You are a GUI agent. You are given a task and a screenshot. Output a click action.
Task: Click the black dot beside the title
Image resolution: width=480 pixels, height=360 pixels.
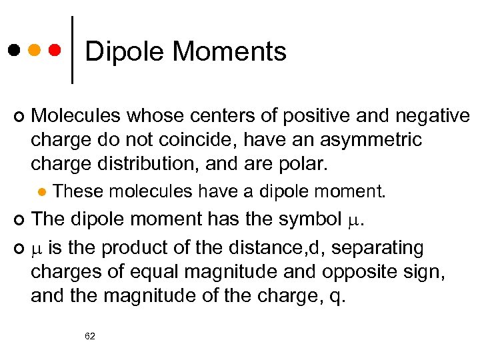[14, 50]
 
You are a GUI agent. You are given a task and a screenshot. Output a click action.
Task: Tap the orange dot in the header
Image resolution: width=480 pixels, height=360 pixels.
[34, 50]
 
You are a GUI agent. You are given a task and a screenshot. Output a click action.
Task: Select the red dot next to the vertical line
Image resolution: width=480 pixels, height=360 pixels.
[55, 50]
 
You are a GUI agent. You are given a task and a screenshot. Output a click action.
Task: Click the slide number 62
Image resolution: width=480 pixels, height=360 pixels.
[90, 336]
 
